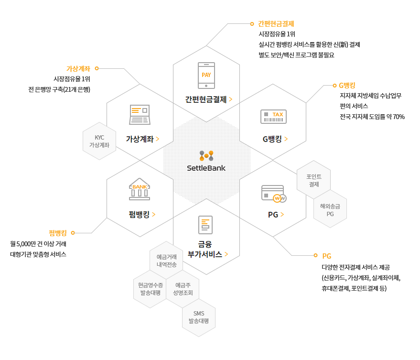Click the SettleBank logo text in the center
point(206,168)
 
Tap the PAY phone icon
point(206,75)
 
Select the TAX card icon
point(273,116)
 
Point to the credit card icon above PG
point(273,193)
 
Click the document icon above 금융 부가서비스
point(206,225)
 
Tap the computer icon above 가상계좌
point(140,115)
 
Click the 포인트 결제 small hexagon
point(313,180)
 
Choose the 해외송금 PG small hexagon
point(330,210)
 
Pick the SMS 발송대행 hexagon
point(199,317)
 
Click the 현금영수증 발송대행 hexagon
point(150,289)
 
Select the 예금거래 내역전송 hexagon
point(166,261)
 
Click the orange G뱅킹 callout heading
point(347,86)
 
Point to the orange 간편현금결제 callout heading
point(276,23)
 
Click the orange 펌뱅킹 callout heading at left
point(57,233)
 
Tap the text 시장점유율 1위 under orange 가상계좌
point(72,79)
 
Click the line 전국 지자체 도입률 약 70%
point(372,116)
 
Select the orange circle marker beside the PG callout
point(315,256)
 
